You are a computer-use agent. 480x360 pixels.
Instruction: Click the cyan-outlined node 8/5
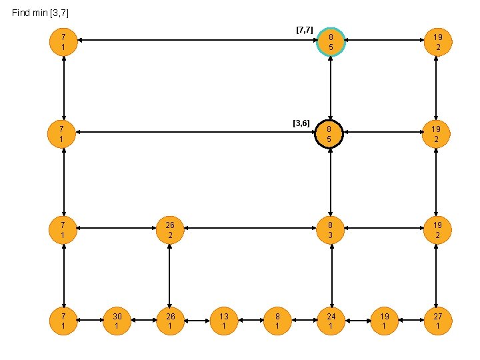click(x=331, y=41)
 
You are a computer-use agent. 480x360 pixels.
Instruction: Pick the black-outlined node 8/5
click(x=331, y=135)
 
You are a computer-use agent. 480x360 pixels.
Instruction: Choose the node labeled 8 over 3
click(x=331, y=230)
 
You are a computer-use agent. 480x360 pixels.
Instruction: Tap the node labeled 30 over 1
click(x=117, y=321)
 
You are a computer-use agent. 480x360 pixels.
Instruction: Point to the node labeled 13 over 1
click(x=224, y=321)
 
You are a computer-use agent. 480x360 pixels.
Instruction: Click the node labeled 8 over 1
click(x=277, y=321)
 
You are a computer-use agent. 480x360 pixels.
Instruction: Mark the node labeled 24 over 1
click(x=331, y=321)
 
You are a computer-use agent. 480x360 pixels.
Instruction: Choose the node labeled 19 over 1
click(x=384, y=321)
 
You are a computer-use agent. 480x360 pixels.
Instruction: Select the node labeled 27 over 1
click(x=437, y=321)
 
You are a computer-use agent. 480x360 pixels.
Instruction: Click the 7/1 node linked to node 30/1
click(x=63, y=321)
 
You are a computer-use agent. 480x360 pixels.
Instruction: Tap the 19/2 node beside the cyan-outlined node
click(x=437, y=41)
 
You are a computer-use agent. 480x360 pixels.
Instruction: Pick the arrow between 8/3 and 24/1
click(x=331, y=275)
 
